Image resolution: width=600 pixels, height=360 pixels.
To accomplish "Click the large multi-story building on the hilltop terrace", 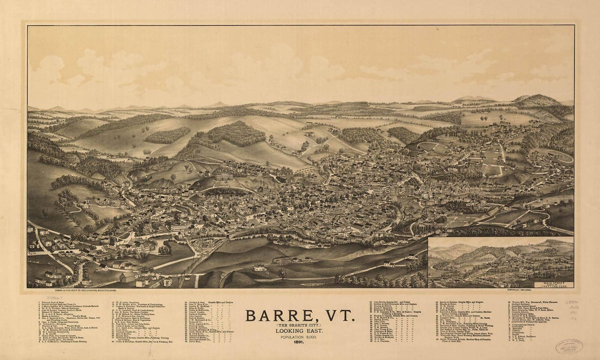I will (223, 176).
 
